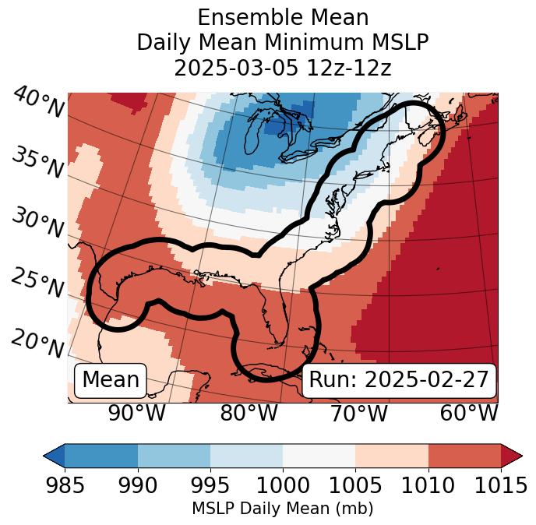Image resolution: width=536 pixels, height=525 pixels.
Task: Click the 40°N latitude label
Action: [x=38, y=103]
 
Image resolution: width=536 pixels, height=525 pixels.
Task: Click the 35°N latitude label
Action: [x=37, y=163]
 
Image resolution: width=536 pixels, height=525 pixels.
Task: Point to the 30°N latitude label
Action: [x=37, y=224]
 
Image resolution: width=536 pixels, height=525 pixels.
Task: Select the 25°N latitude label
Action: [x=37, y=283]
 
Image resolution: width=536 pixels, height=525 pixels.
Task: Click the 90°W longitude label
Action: [x=137, y=413]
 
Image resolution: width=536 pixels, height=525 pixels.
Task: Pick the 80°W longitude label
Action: [x=249, y=413]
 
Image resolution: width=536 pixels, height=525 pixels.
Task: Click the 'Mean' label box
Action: [x=111, y=380]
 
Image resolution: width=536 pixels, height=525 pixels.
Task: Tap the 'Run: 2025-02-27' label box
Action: [x=399, y=380]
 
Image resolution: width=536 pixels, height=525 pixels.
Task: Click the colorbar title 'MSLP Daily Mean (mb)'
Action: [x=282, y=509]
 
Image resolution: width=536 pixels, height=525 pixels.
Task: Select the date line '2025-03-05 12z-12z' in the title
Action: [x=282, y=68]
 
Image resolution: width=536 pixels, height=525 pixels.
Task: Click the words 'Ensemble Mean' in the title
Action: [x=282, y=17]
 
